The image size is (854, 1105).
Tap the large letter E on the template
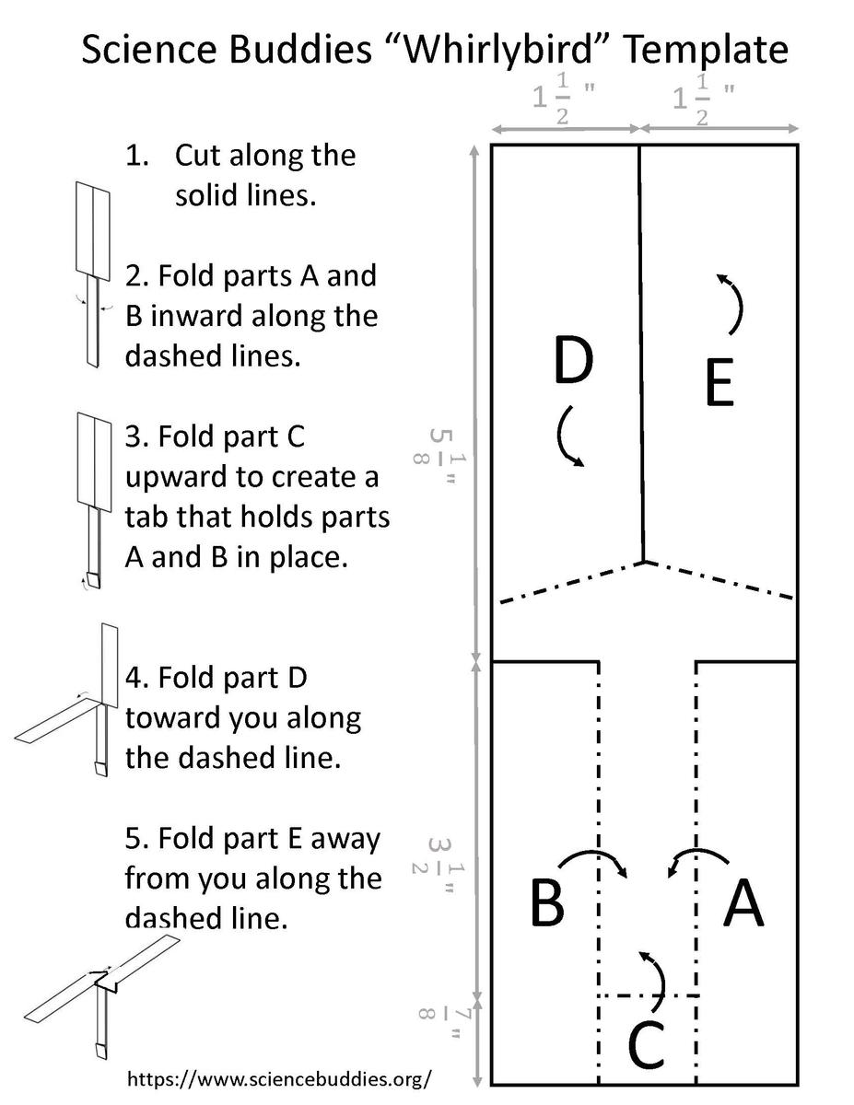[719, 385]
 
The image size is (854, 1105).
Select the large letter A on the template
[743, 903]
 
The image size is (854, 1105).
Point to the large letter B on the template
[547, 903]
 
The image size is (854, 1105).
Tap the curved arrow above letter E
[732, 303]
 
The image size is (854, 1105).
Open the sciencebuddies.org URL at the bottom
[278, 1077]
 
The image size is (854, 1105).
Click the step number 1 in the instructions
[136, 155]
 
